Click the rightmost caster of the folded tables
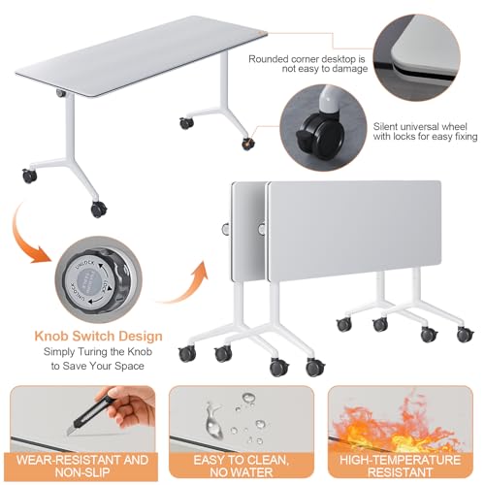[x=466, y=335]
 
